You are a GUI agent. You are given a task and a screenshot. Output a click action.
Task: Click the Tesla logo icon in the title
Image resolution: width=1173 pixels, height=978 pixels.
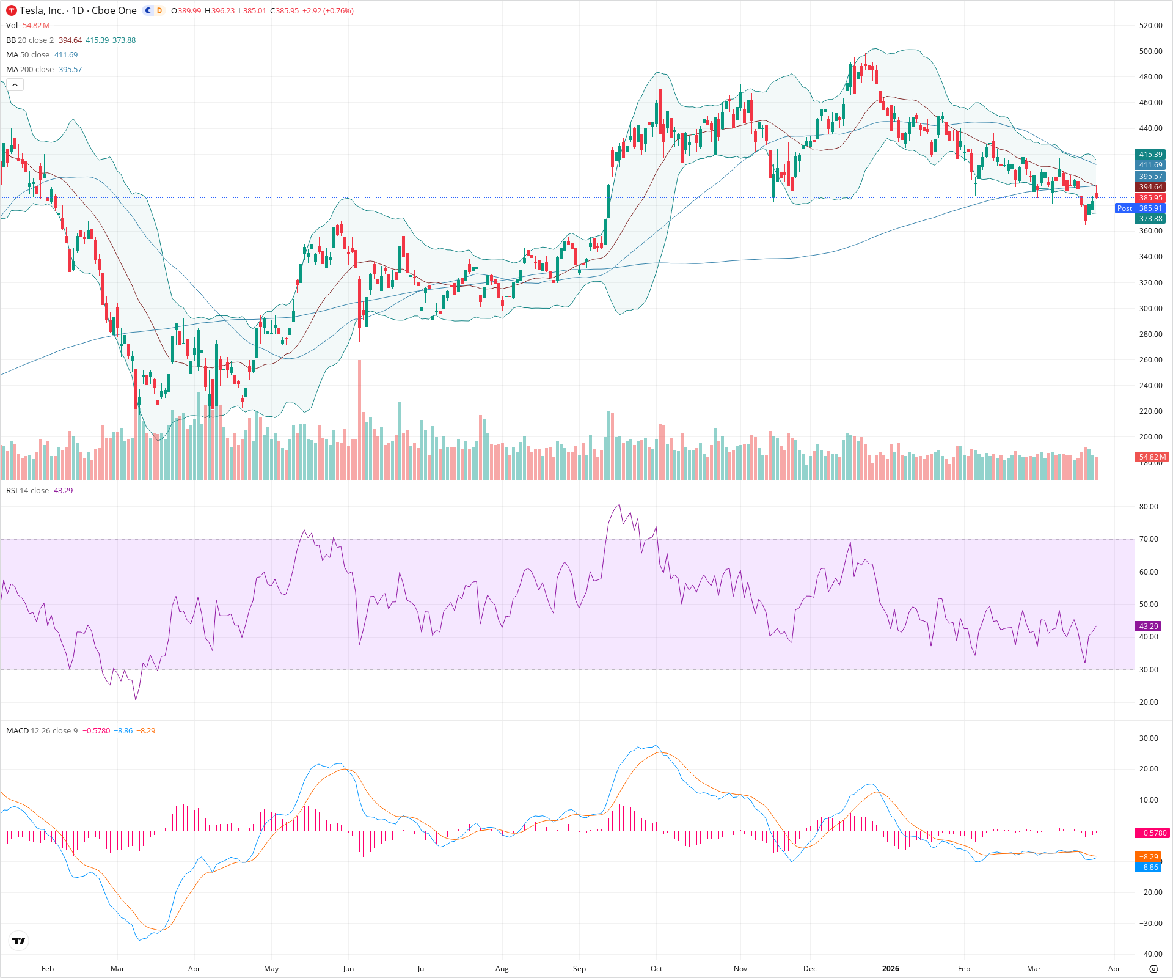[x=12, y=10]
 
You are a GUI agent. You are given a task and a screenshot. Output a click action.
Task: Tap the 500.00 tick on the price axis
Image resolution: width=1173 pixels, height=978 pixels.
[x=1150, y=51]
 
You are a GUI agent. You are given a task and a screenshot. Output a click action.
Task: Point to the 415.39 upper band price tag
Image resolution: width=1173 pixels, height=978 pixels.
[x=1150, y=155]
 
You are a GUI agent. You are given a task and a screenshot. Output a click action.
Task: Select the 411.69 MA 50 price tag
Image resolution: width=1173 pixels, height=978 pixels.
[x=1150, y=165]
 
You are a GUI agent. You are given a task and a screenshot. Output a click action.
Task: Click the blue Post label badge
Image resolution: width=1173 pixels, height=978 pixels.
[x=1124, y=208]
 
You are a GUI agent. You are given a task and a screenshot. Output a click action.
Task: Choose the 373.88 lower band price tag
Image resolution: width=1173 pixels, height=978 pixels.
[x=1150, y=219]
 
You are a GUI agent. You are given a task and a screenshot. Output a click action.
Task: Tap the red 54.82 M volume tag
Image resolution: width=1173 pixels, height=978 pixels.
[x=1152, y=457]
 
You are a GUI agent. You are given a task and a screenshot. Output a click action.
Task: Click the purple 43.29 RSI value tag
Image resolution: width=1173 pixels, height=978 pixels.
[x=1149, y=626]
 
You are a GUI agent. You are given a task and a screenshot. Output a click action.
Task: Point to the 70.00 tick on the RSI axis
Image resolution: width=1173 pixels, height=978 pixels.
[x=1149, y=539]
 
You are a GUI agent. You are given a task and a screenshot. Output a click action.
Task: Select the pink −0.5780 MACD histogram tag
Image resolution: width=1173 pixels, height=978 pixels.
[x=1152, y=833]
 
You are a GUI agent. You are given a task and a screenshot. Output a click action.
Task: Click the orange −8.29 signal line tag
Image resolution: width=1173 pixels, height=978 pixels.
[x=1149, y=857]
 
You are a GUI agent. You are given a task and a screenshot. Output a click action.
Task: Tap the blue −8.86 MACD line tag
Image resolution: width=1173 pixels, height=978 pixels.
[x=1149, y=867]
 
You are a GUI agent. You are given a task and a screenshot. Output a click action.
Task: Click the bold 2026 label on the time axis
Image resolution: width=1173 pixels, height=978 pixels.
[x=891, y=969]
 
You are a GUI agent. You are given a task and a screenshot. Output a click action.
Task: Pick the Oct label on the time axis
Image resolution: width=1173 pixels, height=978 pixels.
[x=656, y=969]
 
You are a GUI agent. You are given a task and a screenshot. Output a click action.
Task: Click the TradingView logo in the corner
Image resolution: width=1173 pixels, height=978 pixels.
[x=19, y=941]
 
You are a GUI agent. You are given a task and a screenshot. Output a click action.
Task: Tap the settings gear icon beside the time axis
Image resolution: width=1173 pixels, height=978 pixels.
[x=1153, y=969]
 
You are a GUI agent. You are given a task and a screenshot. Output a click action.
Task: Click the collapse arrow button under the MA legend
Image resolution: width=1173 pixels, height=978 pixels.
[x=15, y=84]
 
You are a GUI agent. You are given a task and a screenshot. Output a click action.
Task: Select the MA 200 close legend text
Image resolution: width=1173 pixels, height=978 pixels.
[x=30, y=70]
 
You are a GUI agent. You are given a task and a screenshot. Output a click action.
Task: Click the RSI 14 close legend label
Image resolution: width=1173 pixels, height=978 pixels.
[x=27, y=491]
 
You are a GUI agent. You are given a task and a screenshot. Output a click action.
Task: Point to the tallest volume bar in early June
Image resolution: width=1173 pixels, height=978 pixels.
[x=359, y=422]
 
